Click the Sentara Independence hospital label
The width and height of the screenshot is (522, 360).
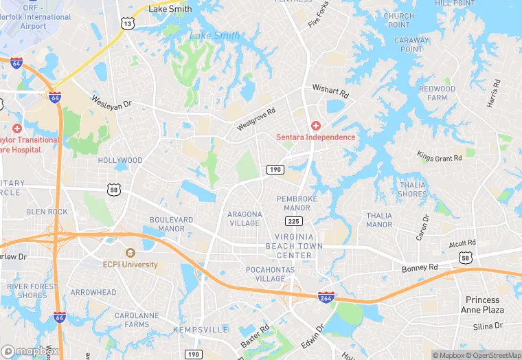pyautogui.click(x=316, y=136)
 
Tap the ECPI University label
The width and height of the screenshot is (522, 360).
pyautogui.click(x=130, y=264)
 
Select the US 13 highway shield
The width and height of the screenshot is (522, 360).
pyautogui.click(x=127, y=24)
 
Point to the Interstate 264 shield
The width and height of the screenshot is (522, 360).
pyautogui.click(x=326, y=297)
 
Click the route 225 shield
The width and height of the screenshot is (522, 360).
pyautogui.click(x=294, y=221)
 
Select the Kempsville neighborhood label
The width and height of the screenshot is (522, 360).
pyautogui.click(x=201, y=330)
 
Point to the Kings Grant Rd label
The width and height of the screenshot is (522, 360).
pyautogui.click(x=440, y=157)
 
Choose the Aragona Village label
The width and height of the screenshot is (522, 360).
pyautogui.click(x=245, y=218)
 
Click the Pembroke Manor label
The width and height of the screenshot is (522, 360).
pyautogui.click(x=293, y=203)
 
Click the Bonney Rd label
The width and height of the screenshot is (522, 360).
pyautogui.click(x=420, y=267)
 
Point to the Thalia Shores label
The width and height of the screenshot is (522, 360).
pyautogui.click(x=412, y=189)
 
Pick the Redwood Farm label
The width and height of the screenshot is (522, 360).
pyautogui.click(x=438, y=93)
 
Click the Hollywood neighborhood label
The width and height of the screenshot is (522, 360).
pyautogui.click(x=120, y=161)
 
